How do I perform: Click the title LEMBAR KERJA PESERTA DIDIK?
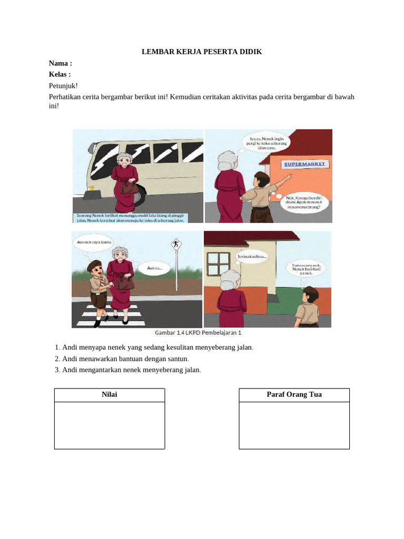click(202, 52)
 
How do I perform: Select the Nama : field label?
click(60, 63)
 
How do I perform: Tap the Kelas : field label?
click(60, 74)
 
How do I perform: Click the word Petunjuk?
click(63, 85)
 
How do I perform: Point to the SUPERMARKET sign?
click(305, 164)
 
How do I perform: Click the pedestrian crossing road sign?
click(175, 245)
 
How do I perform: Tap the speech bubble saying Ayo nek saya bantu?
click(94, 243)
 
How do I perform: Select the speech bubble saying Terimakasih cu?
click(255, 257)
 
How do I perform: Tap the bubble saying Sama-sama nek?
click(302, 269)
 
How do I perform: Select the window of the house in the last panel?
click(218, 263)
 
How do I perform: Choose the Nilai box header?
click(109, 395)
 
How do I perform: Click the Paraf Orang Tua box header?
click(294, 395)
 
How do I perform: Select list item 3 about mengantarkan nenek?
click(128, 370)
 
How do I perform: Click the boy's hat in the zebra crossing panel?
click(94, 264)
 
